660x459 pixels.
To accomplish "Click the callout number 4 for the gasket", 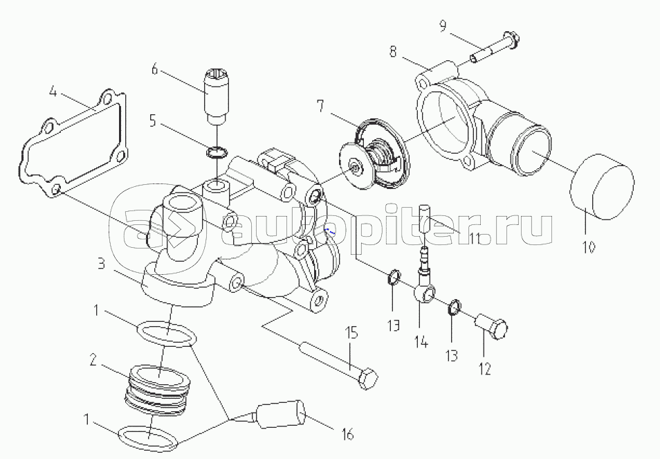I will point(53,91).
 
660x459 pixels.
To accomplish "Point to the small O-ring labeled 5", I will point(217,152).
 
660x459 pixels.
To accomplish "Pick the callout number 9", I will point(442,26).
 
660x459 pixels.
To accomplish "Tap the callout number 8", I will point(392,52).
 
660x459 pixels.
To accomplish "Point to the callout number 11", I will point(475,237).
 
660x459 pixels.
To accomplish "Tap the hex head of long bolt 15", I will point(369,380).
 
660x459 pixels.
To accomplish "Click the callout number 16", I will point(347,434).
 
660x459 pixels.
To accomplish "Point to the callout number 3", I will point(101,264).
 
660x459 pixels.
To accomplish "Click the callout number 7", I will point(320,106).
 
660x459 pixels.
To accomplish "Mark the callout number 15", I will point(352,333).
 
